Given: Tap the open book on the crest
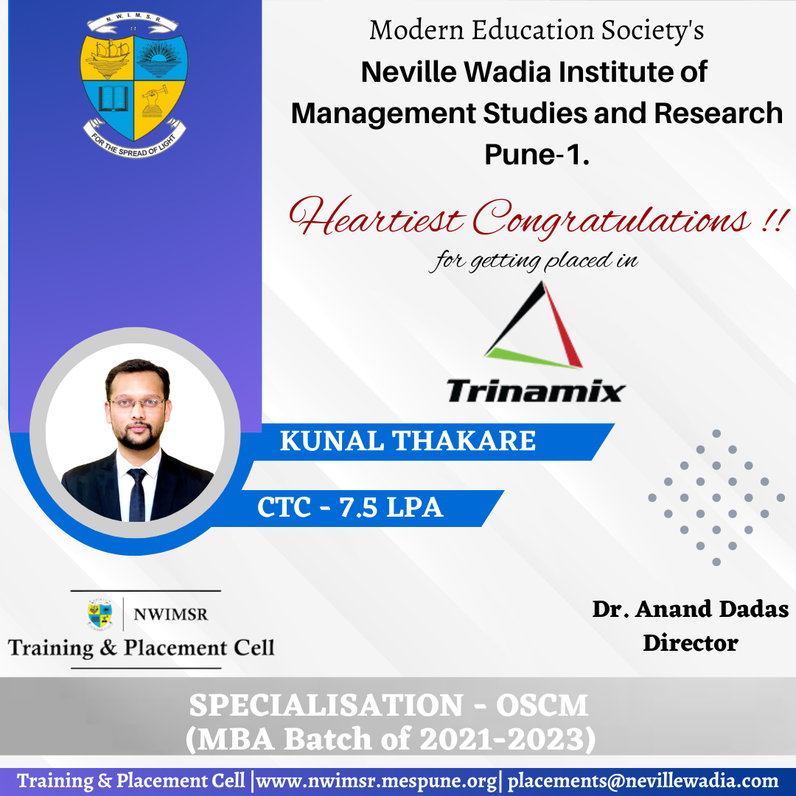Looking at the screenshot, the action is [x=114, y=98].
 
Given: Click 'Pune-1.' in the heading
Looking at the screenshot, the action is [x=537, y=154].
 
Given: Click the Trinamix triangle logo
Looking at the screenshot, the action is [x=534, y=324].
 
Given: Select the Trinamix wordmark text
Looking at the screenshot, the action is [x=536, y=391].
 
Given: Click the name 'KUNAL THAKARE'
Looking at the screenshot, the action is [x=408, y=441].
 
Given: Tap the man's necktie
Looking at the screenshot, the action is [x=137, y=495].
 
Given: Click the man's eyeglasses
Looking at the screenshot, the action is [x=136, y=404].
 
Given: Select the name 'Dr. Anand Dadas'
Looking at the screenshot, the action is [x=691, y=609].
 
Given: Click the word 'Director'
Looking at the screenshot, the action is [x=691, y=643].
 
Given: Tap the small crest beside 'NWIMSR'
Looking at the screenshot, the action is [x=100, y=614].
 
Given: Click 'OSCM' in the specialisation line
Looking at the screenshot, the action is [x=542, y=705].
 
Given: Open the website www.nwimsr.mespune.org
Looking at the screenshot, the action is [x=377, y=781].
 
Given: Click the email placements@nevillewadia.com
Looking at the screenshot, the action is [x=643, y=781].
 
